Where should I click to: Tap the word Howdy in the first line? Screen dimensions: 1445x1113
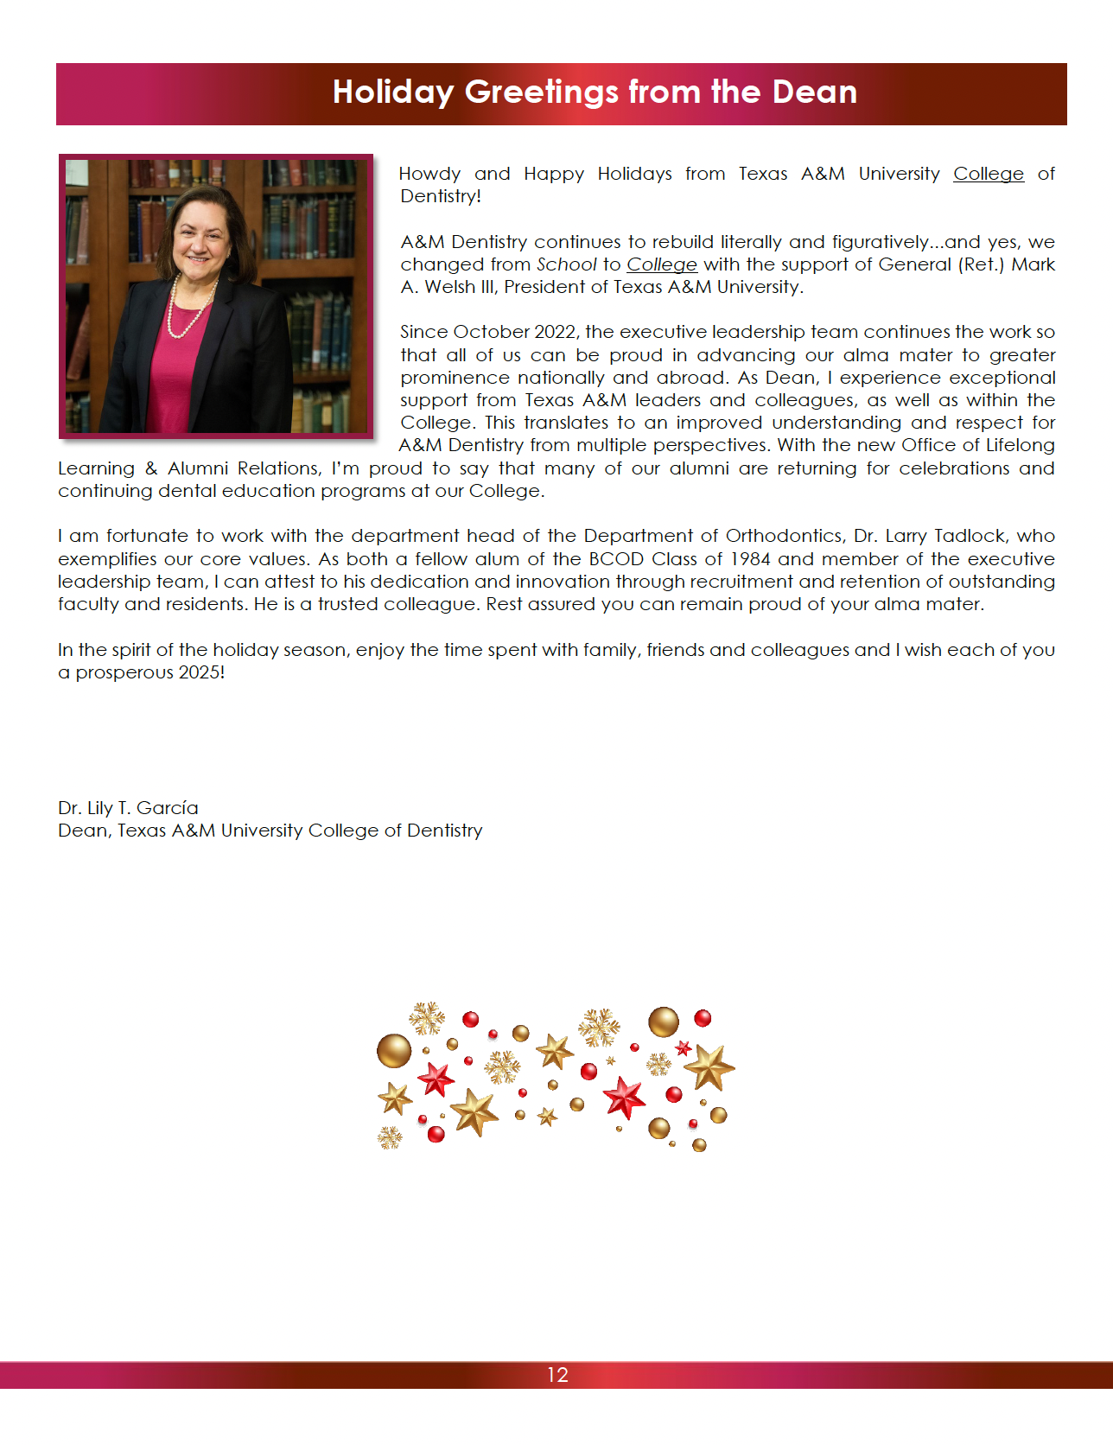429,174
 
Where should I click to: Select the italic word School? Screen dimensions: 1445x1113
566,264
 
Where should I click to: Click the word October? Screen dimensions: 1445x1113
491,332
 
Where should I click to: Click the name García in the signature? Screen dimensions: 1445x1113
168,808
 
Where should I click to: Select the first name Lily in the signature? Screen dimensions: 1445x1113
100,808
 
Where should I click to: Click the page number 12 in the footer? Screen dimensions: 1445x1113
557,1375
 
